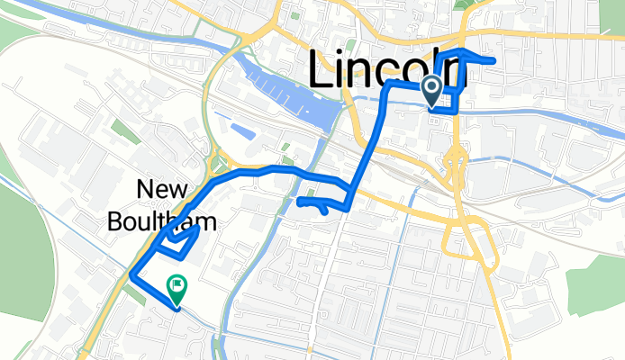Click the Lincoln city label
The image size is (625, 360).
[387, 68]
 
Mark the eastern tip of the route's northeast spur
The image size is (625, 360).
[496, 60]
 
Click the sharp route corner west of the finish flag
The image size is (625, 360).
[132, 274]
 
